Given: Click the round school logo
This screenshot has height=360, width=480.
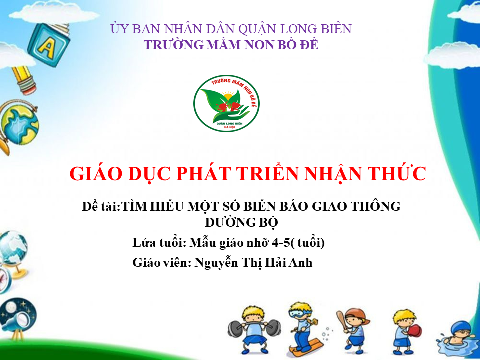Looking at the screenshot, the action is coord(226,103).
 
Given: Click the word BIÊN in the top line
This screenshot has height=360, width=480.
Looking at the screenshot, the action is coord(336,29).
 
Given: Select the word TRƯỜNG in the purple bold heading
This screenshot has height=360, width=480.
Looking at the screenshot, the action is coord(174,45).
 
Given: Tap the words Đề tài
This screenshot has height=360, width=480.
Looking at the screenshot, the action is coord(100,206).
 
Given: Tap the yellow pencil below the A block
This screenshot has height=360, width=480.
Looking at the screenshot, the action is coord(24,80).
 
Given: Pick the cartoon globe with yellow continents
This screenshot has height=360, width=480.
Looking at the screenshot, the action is coord(19,124).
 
